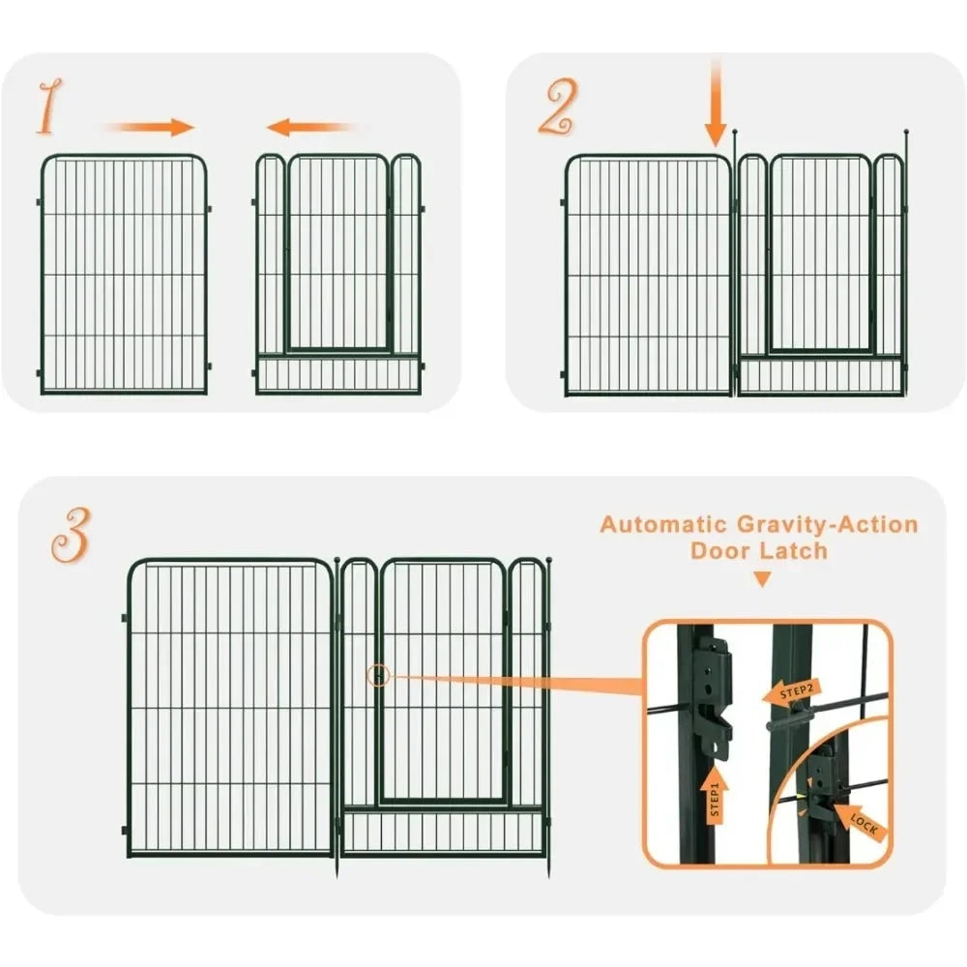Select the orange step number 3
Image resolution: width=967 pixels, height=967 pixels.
[71, 535]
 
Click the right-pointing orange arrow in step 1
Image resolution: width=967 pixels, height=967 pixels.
[151, 127]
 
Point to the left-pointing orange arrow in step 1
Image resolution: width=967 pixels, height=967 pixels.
[311, 127]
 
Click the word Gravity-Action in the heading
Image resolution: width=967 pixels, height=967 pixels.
[828, 525]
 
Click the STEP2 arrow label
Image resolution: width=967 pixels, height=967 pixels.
[791, 692]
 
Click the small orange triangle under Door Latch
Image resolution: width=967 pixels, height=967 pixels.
[763, 579]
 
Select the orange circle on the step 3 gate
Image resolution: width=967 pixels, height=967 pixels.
[378, 677]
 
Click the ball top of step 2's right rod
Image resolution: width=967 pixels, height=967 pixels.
[906, 132]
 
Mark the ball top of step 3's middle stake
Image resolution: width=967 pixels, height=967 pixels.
[337, 560]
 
